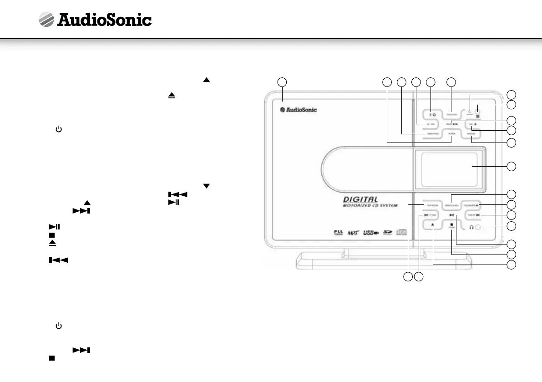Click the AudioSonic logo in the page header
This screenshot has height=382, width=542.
95,20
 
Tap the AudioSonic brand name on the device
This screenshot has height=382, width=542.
298,109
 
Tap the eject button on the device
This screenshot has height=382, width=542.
432,225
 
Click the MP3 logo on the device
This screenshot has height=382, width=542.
352,233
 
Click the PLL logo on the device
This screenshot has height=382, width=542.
337,233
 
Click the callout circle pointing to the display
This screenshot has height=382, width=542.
512,166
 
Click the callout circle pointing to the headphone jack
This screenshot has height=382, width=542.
512,226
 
